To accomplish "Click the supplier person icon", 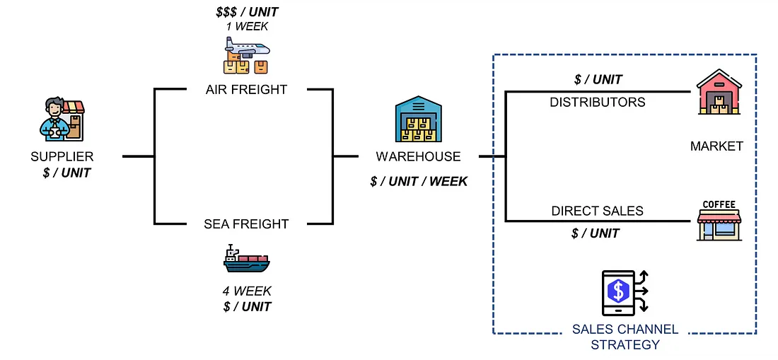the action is pos(62,119).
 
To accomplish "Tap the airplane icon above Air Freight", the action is pos(247,55).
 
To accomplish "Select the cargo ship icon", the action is pos(247,260).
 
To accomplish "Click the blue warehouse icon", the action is pos(418,119).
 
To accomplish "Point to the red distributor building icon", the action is pos(719,92).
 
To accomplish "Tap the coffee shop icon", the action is pos(719,221).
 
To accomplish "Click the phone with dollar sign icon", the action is pos(625,294).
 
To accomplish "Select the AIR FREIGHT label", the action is pos(247,90).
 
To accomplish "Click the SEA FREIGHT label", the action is pos(247,224).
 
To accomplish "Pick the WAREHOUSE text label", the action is pos(418,157).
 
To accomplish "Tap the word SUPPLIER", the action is pos(62,157).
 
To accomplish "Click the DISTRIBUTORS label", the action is pos(598,102).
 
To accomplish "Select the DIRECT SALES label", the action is pos(598,211).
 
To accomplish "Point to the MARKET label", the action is pos(717,146).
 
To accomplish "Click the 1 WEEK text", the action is pos(247,26).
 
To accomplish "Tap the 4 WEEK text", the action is pos(247,291).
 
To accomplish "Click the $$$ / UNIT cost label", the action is pos(247,11).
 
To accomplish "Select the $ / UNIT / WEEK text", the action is pos(419,182).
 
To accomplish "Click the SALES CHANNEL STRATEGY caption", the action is pos(625,337).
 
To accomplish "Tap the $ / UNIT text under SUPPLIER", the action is pos(66,173).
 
